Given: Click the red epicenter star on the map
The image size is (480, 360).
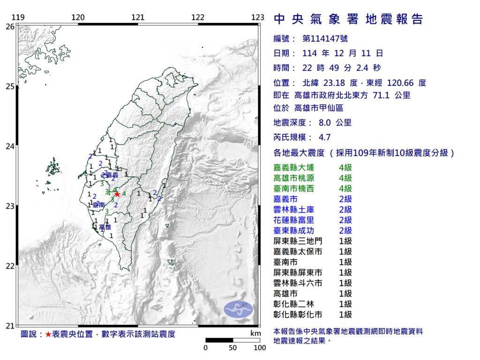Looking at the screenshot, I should (117, 194).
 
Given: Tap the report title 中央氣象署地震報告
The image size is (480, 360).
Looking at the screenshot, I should (348, 19).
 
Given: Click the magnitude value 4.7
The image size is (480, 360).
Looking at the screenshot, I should (324, 137).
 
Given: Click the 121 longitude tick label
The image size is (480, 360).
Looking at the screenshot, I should (138, 18).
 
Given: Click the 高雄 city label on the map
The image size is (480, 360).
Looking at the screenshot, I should (105, 227).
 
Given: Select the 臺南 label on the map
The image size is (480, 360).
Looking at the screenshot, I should (98, 205).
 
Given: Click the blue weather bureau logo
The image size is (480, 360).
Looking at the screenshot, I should (238, 308).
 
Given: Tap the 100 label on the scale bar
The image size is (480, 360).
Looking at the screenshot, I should (260, 348).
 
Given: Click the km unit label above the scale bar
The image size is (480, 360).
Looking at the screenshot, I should (255, 333).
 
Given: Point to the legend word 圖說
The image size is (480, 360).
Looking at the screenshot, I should (29, 334).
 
